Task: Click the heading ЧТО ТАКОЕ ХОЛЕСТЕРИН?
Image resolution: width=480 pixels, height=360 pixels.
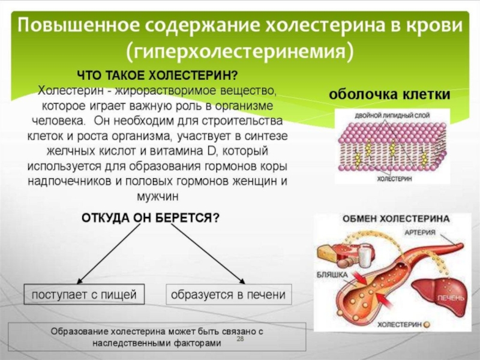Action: pyautogui.click(x=157, y=76)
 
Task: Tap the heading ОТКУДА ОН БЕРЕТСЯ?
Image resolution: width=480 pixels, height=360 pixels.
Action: pyautogui.click(x=151, y=218)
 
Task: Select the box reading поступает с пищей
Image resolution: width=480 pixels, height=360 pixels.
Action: pyautogui.click(x=84, y=295)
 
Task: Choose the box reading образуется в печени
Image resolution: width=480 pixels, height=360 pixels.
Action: pyautogui.click(x=229, y=295)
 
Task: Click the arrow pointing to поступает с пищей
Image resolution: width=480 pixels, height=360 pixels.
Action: pyautogui.click(x=109, y=254)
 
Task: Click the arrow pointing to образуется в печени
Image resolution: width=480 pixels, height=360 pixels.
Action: pyautogui.click(x=208, y=254)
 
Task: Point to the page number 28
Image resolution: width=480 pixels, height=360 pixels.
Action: pyautogui.click(x=241, y=338)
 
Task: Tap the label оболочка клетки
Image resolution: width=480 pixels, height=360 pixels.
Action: pyautogui.click(x=389, y=94)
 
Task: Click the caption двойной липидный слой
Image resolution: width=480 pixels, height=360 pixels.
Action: pyautogui.click(x=392, y=115)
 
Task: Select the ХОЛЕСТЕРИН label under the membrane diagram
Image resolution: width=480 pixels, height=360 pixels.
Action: pyautogui.click(x=395, y=179)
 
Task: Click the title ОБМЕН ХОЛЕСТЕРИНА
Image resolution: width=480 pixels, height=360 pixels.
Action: pyautogui.click(x=396, y=218)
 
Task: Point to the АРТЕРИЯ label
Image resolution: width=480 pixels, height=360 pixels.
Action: pyautogui.click(x=419, y=232)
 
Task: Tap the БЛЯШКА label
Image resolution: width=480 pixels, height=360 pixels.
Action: pyautogui.click(x=332, y=275)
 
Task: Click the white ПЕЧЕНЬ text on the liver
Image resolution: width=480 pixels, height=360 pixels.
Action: pyautogui.click(x=451, y=298)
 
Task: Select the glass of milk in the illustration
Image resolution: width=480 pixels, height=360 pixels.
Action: pyautogui.click(x=365, y=257)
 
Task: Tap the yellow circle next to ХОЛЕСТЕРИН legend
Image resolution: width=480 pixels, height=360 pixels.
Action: pyautogui.click(x=427, y=325)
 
